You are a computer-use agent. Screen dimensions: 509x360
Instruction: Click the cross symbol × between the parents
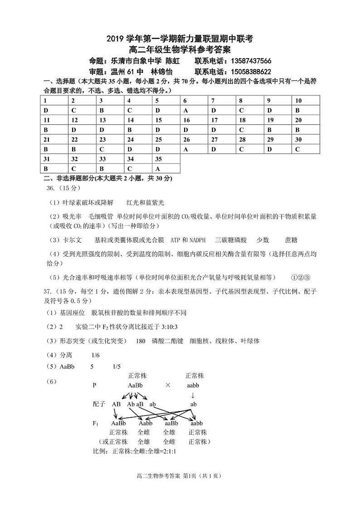168,385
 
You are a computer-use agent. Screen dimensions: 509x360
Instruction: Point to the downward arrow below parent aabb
193,395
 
